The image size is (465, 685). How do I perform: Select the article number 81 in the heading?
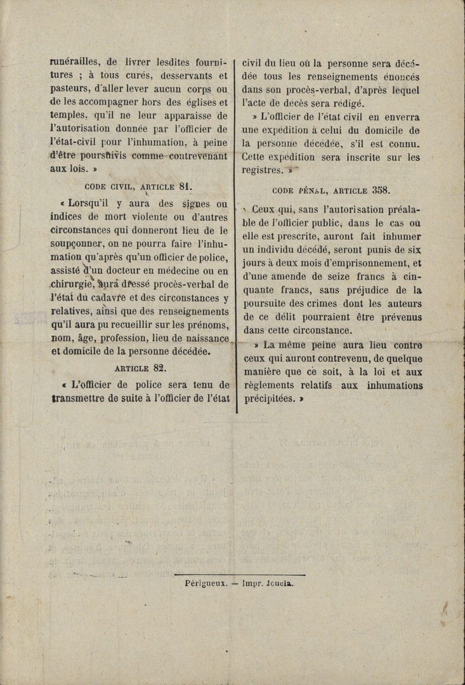point(185,186)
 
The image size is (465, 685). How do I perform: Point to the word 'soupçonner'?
point(79,244)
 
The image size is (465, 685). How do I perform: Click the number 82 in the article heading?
point(160,368)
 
